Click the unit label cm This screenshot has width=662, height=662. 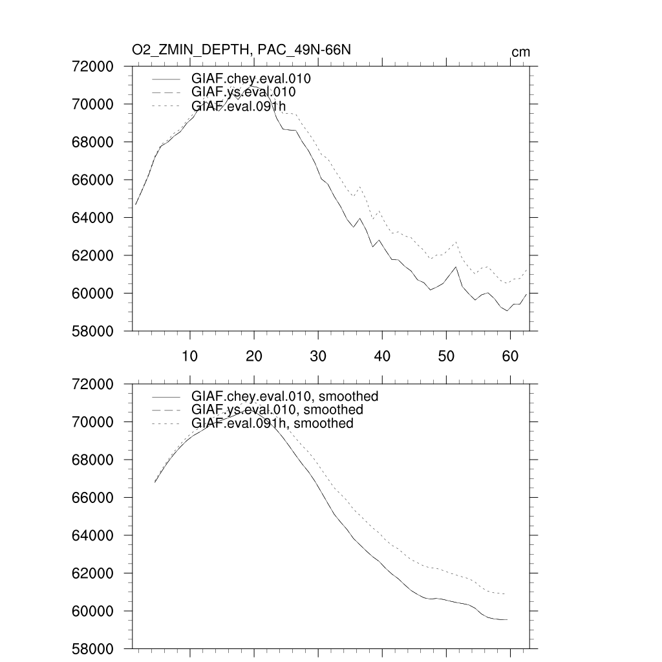tap(520, 52)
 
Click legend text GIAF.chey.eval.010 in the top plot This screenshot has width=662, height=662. tap(251, 80)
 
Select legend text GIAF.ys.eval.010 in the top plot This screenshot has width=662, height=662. tap(244, 92)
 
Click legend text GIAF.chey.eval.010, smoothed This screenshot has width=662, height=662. tap(284, 396)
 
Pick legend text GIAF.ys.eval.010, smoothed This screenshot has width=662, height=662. tap(277, 410)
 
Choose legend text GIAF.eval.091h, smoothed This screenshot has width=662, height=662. tap(272, 423)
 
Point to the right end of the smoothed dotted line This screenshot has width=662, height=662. tap(504, 594)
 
